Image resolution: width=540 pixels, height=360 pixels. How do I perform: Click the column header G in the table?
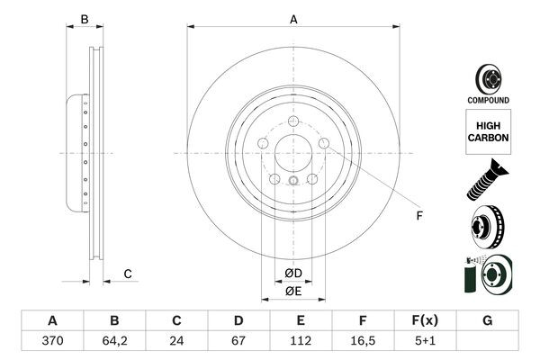[x=487, y=320]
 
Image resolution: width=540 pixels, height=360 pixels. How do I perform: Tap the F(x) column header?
[x=425, y=320]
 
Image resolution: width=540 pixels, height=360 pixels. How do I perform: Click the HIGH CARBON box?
[x=488, y=132]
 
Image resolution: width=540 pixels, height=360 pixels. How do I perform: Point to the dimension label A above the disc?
[x=293, y=18]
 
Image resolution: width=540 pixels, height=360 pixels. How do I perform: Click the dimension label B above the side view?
[x=84, y=18]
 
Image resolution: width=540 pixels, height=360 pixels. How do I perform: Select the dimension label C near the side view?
[x=128, y=274]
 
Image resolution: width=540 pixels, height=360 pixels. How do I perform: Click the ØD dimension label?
[x=293, y=273]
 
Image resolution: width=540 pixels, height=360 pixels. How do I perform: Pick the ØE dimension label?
[x=293, y=291]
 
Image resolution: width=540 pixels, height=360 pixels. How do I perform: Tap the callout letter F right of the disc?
[x=418, y=216]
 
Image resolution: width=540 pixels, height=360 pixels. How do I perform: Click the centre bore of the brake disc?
[x=293, y=154]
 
